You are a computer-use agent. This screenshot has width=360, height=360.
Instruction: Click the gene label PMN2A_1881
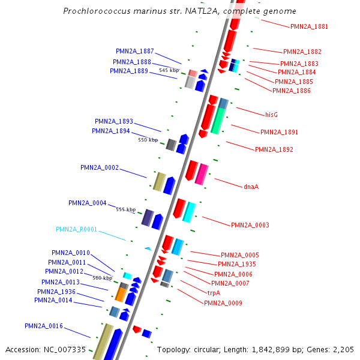(x=309, y=26)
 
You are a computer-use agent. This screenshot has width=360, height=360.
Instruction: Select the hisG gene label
(x=272, y=114)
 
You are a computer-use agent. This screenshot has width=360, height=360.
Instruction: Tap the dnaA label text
(x=251, y=187)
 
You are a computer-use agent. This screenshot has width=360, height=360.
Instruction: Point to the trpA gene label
(x=214, y=293)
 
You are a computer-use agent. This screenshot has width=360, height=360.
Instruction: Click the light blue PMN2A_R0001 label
(x=76, y=229)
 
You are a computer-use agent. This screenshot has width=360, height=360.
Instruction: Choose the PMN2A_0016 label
(x=44, y=326)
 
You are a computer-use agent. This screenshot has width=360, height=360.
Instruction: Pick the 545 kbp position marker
(x=169, y=70)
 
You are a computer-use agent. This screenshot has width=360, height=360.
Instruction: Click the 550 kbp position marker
(x=148, y=140)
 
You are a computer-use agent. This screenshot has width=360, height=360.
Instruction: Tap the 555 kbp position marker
(x=126, y=209)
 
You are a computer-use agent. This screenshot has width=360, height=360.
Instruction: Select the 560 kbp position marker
(x=102, y=278)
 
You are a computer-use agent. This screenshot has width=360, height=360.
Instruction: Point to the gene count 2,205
(x=344, y=349)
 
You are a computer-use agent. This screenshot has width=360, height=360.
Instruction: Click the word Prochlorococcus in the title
(x=93, y=11)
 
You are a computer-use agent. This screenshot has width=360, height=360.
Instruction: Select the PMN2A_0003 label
(x=250, y=225)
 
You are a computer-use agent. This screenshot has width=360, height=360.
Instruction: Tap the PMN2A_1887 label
(x=135, y=51)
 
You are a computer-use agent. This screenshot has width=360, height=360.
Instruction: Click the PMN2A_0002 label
(x=100, y=167)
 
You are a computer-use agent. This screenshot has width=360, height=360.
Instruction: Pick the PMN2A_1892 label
(x=274, y=149)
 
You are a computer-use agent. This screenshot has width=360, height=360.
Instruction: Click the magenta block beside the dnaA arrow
(x=203, y=173)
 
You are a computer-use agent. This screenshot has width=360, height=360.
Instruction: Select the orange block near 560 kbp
(x=120, y=294)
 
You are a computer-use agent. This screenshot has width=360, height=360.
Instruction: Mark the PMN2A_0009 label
(x=223, y=303)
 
